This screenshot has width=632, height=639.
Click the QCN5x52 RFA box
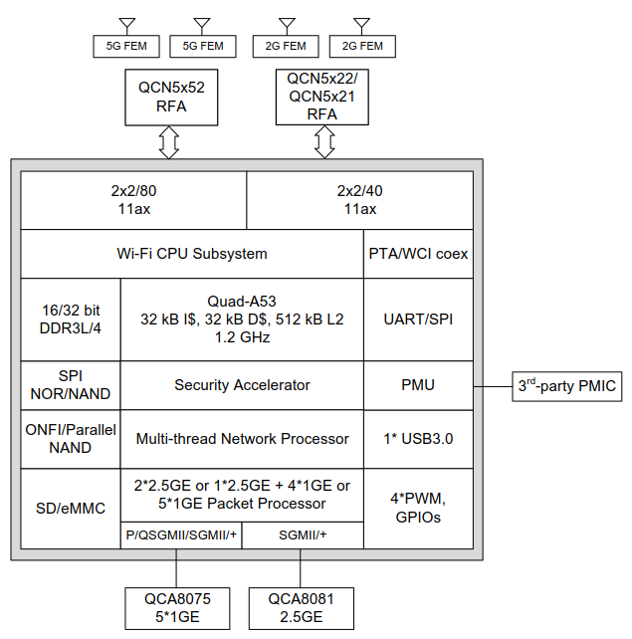coord(171,97)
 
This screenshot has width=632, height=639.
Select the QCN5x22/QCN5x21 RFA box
coord(323,97)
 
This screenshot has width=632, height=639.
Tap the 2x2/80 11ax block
coord(133,200)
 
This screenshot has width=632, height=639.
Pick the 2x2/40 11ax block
coord(359,200)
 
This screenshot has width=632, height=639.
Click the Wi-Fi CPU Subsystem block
coord(192,254)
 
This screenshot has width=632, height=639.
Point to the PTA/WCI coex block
coord(418,254)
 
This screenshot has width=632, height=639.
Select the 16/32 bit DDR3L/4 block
coord(71,319)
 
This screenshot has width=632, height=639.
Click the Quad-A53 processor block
coord(242,319)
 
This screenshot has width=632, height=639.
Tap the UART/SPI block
coord(418,319)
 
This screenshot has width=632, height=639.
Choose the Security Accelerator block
coord(242,385)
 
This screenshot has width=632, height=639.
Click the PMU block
coord(418,385)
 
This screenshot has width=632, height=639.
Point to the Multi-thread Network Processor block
coord(242,438)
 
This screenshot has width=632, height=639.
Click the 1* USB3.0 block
coord(418,438)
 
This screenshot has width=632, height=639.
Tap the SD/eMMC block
coord(71,509)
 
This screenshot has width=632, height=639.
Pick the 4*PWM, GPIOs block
coord(418,509)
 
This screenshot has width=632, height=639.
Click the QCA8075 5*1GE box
coord(176,607)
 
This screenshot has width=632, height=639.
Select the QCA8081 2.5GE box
coord(301,607)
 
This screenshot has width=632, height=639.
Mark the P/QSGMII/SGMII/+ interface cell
coord(181,534)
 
